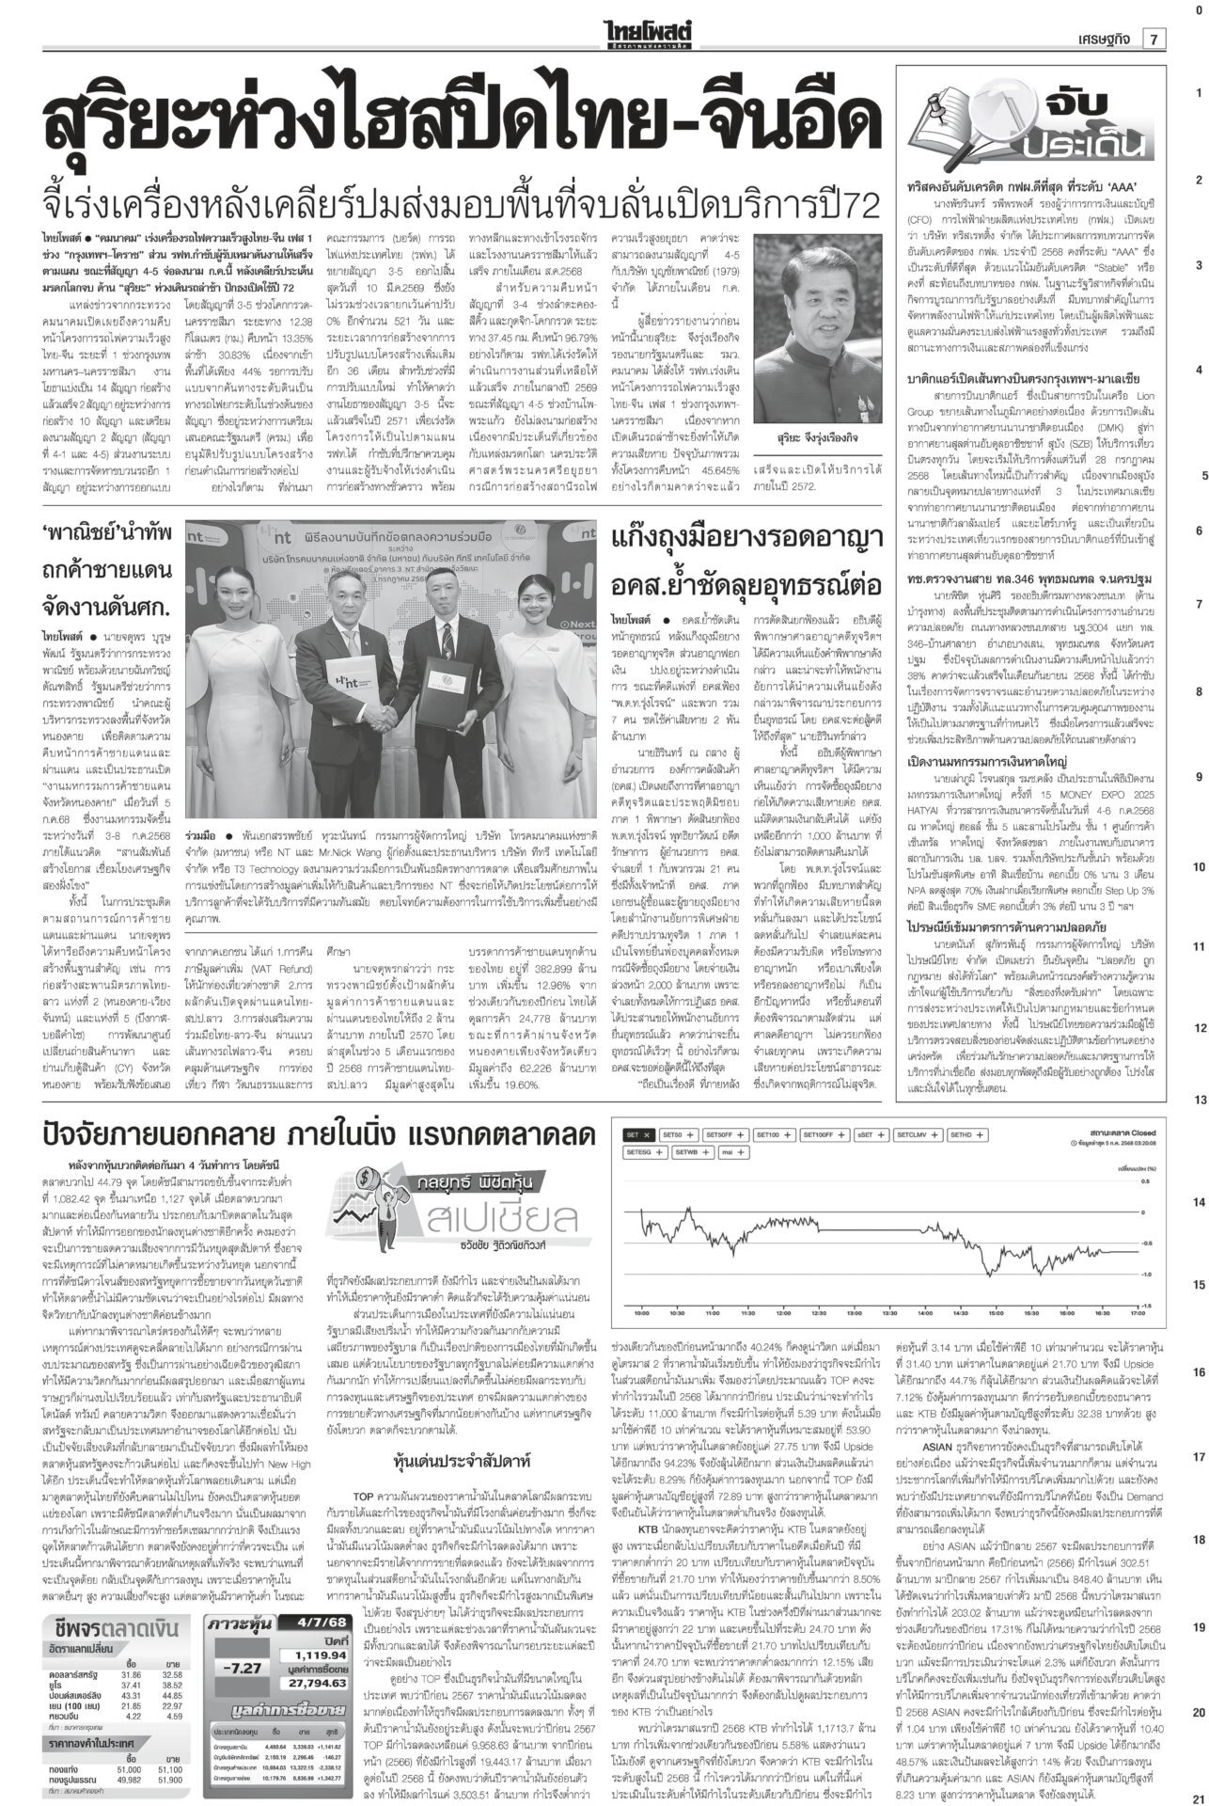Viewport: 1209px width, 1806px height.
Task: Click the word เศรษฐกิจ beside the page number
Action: tap(1101, 39)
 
